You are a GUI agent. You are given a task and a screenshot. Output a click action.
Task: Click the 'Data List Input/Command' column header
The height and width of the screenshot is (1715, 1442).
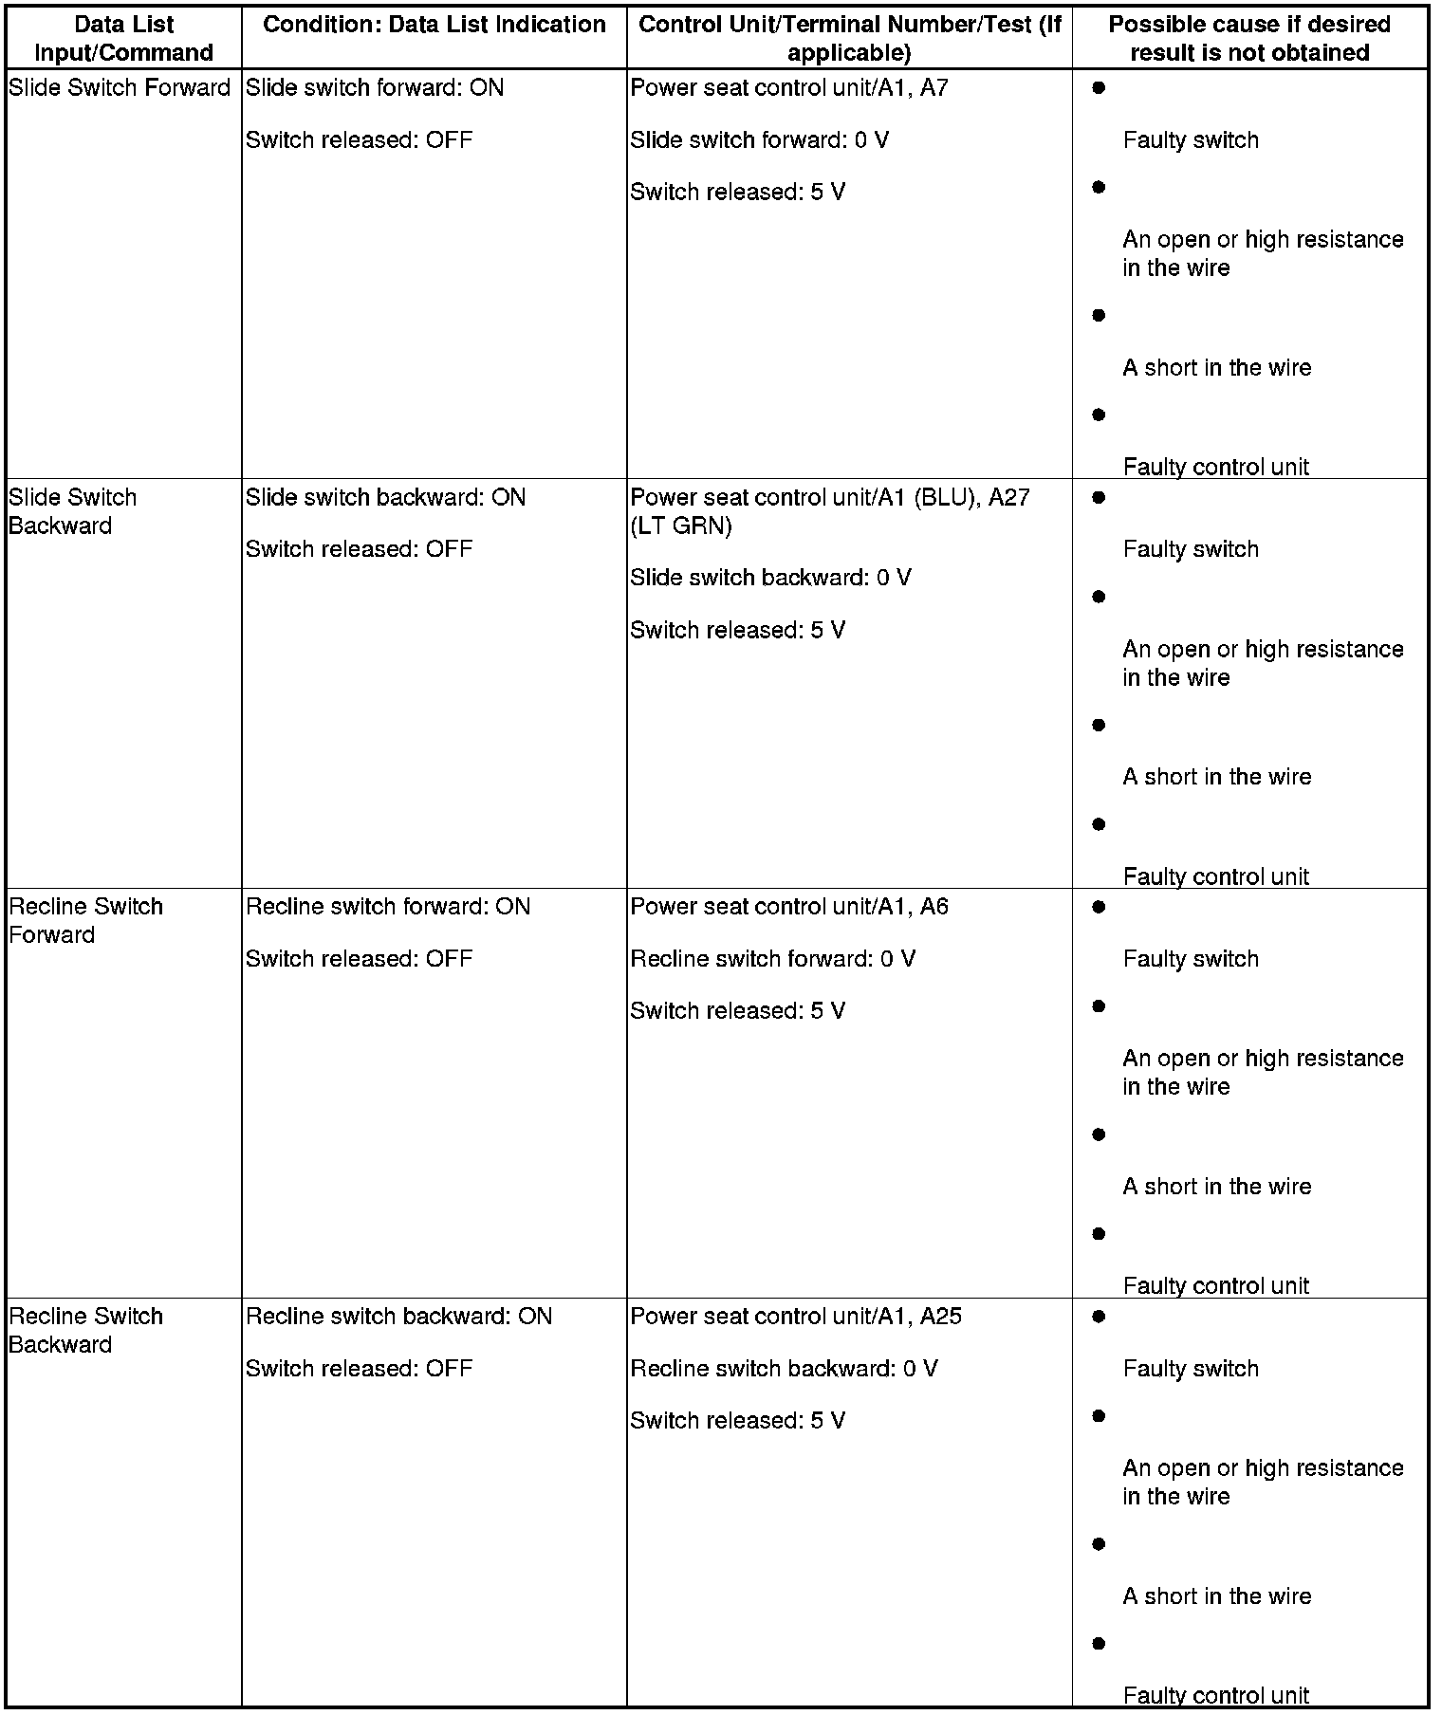coord(123,38)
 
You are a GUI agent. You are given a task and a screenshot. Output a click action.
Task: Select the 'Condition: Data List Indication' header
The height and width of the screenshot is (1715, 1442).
coord(434,25)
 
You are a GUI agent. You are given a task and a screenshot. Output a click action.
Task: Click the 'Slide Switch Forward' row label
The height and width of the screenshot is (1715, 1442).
coord(120,88)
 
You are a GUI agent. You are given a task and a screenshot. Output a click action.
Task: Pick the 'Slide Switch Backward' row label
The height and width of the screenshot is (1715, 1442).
coord(72,511)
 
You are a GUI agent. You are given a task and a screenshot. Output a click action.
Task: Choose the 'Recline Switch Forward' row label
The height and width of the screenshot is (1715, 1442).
coord(85,920)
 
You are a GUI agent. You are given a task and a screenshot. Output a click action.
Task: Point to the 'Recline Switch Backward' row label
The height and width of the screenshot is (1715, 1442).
coord(85,1330)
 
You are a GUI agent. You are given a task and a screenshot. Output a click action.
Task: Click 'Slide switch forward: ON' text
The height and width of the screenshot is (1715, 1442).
coord(375,88)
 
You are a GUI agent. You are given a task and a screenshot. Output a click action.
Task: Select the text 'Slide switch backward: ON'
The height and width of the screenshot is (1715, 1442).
coord(385,498)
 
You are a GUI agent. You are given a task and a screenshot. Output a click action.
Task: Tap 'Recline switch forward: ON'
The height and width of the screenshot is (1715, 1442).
coord(388,907)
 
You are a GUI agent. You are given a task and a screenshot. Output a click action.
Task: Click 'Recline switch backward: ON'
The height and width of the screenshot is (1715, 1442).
coord(398,1317)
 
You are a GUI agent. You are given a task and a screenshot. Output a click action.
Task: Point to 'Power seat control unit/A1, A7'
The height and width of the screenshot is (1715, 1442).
coord(789,88)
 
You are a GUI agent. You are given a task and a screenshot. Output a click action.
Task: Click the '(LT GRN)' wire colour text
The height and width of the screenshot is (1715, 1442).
coord(681,526)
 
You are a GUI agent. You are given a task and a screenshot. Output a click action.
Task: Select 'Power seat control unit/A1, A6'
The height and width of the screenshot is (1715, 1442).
coord(789,907)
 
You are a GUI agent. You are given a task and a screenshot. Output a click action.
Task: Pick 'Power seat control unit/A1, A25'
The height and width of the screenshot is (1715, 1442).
coord(796,1317)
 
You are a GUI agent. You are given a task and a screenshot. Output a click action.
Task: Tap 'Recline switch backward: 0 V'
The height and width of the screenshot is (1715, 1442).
coord(784,1369)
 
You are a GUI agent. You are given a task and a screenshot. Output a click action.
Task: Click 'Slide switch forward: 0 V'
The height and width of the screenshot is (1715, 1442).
coord(759,140)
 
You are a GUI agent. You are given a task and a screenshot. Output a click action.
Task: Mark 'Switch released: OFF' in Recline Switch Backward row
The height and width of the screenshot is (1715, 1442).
coord(359,1369)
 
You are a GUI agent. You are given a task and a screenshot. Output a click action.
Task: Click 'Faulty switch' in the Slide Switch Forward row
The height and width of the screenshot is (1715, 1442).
coord(1191,140)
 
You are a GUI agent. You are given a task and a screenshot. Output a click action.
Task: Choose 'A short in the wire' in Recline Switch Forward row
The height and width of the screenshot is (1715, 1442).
coord(1216,1187)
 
